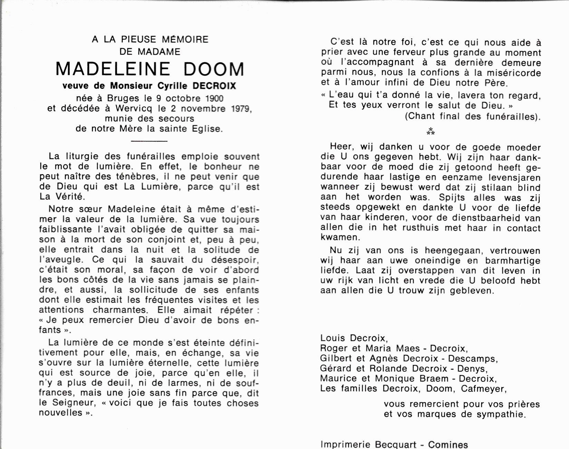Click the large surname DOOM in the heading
(214, 69)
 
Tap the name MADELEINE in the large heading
(113, 69)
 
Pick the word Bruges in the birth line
(123, 99)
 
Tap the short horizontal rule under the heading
(150, 141)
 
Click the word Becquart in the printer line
(396, 445)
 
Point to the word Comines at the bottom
(448, 445)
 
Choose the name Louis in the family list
(333, 338)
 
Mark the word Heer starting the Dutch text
(341, 147)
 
